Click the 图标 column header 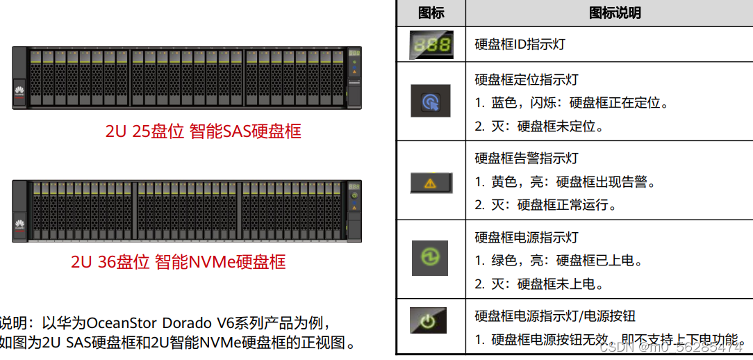(x=431, y=13)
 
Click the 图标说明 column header (x=614, y=13)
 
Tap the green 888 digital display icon (x=431, y=44)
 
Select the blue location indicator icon (x=431, y=101)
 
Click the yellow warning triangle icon (x=431, y=182)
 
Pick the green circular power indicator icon (x=431, y=257)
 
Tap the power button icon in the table (x=429, y=320)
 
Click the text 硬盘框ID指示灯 (x=520, y=44)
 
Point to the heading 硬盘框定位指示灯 (x=526, y=80)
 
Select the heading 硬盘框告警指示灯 (x=526, y=158)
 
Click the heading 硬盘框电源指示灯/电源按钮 (x=554, y=316)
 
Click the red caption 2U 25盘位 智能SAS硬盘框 (x=203, y=131)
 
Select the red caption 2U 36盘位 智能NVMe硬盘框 (x=178, y=262)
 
